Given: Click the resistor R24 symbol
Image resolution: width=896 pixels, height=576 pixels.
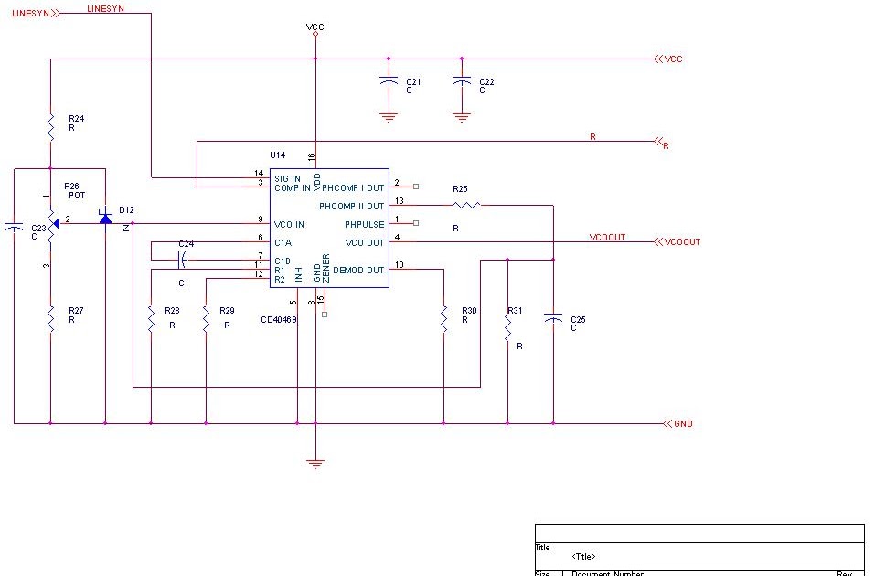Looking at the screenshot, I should (x=50, y=126).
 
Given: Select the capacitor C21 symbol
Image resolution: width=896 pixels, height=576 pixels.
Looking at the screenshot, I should (x=389, y=82).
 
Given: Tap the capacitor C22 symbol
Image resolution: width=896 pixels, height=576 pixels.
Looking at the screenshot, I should (x=462, y=82).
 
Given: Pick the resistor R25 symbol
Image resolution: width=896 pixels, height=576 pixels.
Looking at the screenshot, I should (x=465, y=206).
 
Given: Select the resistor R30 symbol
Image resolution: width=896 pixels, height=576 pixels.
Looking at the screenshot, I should (x=443, y=317).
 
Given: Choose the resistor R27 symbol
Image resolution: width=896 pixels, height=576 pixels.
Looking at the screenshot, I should (x=50, y=318).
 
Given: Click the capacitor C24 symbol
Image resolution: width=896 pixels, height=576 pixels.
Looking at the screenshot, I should (x=181, y=261).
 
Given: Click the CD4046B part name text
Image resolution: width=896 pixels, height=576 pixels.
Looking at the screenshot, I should (x=279, y=320).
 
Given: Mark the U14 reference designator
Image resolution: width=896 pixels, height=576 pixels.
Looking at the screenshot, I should (x=278, y=155).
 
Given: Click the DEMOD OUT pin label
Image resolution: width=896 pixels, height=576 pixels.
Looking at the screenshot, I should (x=358, y=270).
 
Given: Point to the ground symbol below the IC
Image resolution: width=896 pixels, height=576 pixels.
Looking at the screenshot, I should (x=315, y=463).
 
